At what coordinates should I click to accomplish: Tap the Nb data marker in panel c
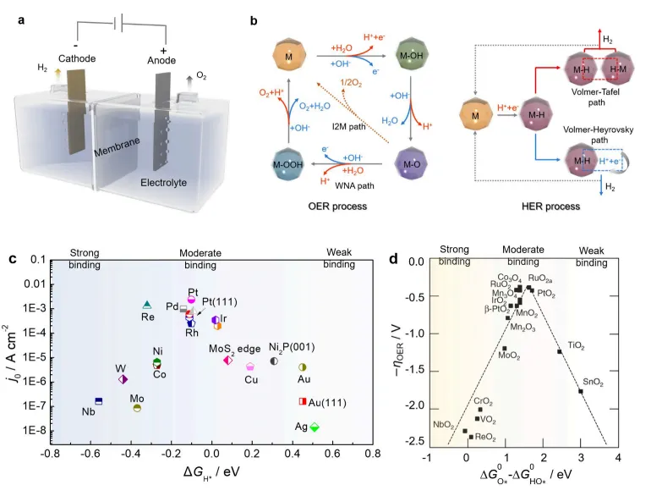[98, 400]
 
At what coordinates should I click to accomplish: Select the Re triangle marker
[147, 305]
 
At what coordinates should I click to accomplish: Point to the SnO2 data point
[580, 391]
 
